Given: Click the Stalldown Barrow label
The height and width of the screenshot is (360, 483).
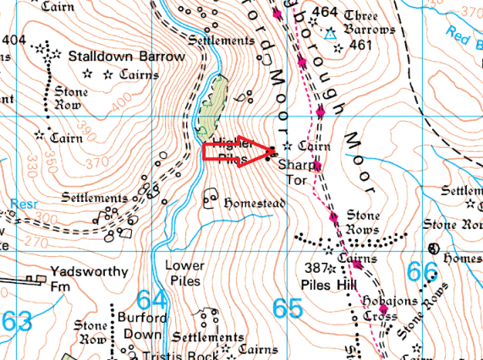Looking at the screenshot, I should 126,57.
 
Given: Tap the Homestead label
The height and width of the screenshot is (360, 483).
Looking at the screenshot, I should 255,205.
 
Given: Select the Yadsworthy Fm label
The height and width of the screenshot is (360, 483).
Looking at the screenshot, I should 89,272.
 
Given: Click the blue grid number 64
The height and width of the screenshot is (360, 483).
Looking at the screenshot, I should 151,300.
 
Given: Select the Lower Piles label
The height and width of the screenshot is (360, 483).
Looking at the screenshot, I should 185,272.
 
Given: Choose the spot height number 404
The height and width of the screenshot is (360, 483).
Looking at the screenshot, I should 14,40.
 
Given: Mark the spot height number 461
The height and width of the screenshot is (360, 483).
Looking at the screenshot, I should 361,45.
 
